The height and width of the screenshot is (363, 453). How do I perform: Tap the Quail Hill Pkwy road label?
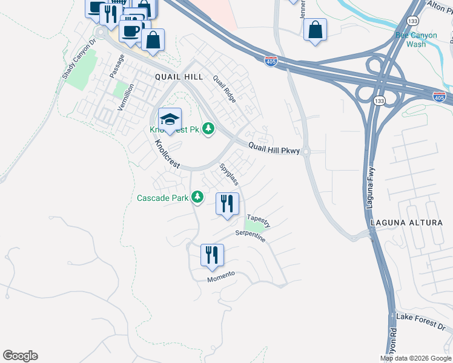point(274,148)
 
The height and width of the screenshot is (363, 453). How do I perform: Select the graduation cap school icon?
point(170,119)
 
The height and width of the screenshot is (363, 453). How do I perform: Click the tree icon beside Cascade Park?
point(197,197)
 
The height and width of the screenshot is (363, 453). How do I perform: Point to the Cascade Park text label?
point(162,198)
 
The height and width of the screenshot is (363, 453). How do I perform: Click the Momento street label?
point(220,276)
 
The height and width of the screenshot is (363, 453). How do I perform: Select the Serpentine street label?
point(250,236)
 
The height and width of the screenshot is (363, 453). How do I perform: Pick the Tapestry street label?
point(258,221)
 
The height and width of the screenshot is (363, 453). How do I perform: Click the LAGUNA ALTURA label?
point(412,223)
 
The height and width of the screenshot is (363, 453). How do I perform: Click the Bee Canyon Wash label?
point(415,39)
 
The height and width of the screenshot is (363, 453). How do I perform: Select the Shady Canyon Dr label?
point(79,60)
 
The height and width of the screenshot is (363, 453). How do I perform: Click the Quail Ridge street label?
point(223,89)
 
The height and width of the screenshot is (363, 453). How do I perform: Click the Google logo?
point(20,356)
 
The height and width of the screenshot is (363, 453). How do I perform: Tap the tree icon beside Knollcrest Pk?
point(208,128)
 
